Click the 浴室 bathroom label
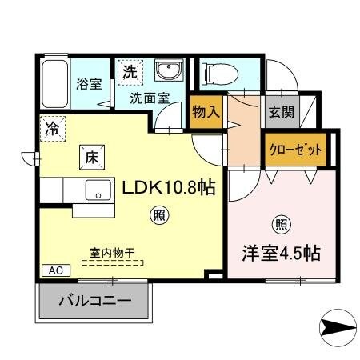(87, 83)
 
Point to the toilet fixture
(222, 74)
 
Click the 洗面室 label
(150, 99)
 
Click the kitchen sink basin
(100, 190)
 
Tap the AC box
(50, 270)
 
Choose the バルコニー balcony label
(94, 302)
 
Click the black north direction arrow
(337, 327)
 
